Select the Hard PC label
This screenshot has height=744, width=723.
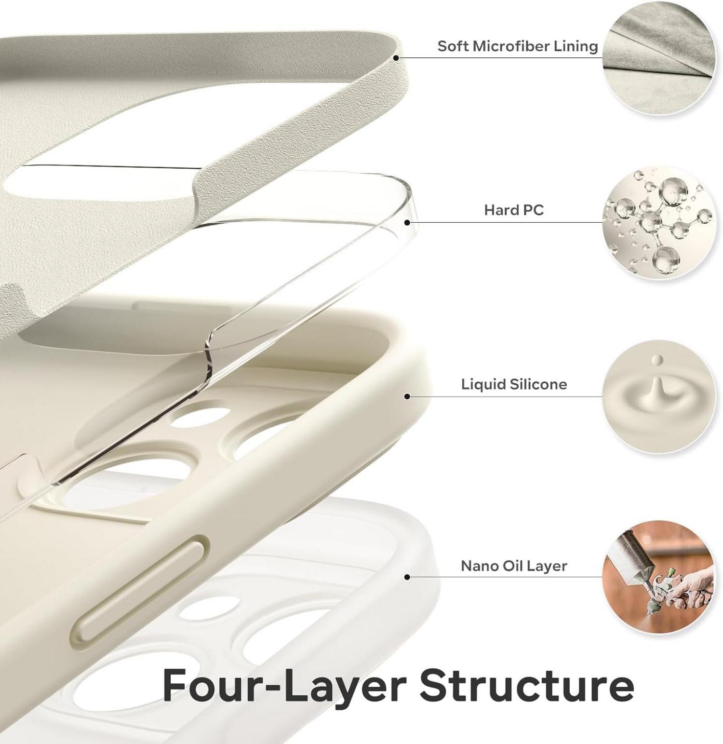tap(514, 210)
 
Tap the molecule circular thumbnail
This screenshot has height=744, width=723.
tap(659, 223)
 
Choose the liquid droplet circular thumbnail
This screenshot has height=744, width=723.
tap(659, 396)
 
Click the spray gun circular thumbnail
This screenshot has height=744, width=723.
tap(659, 577)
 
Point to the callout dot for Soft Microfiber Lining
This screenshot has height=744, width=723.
tap(396, 57)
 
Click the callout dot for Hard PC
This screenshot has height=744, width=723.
tap(407, 222)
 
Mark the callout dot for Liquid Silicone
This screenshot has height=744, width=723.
tap(407, 396)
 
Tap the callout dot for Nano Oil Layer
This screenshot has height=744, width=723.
tap(407, 577)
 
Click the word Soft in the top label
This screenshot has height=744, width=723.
tap(453, 46)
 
